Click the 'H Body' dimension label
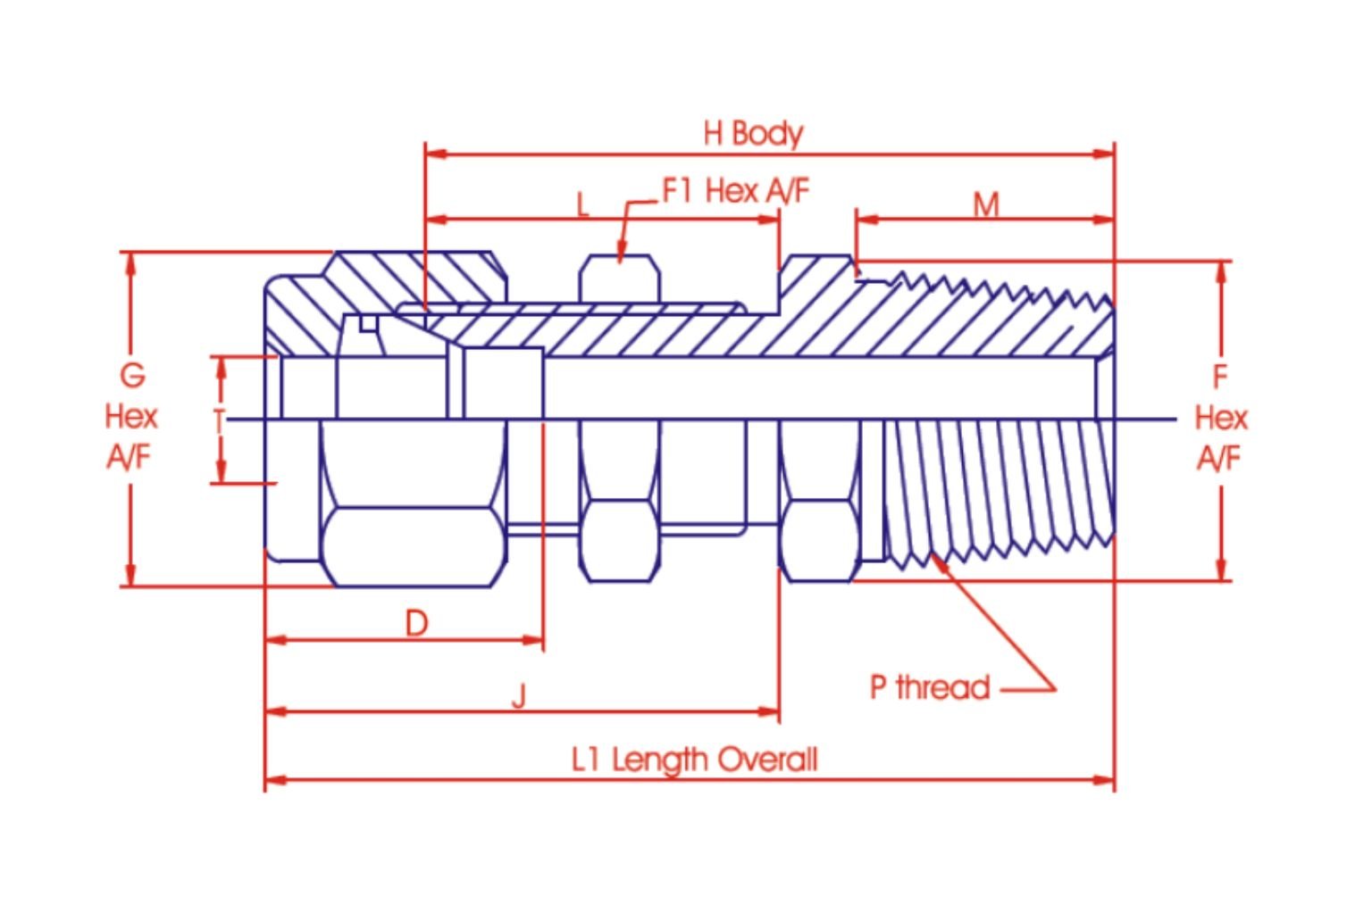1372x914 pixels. click(753, 134)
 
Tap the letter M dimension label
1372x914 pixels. click(986, 205)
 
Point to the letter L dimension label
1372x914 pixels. click(582, 204)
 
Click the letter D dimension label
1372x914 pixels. click(416, 624)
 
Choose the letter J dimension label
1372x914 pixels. click(519, 697)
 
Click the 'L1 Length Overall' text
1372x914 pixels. click(695, 760)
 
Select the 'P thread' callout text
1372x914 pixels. click(930, 687)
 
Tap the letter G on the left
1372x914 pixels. click(133, 375)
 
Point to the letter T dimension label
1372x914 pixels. click(219, 421)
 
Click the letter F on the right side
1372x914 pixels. click(1220, 377)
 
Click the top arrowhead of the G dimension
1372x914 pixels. click(130, 264)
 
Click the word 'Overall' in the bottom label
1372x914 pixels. click(767, 759)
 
